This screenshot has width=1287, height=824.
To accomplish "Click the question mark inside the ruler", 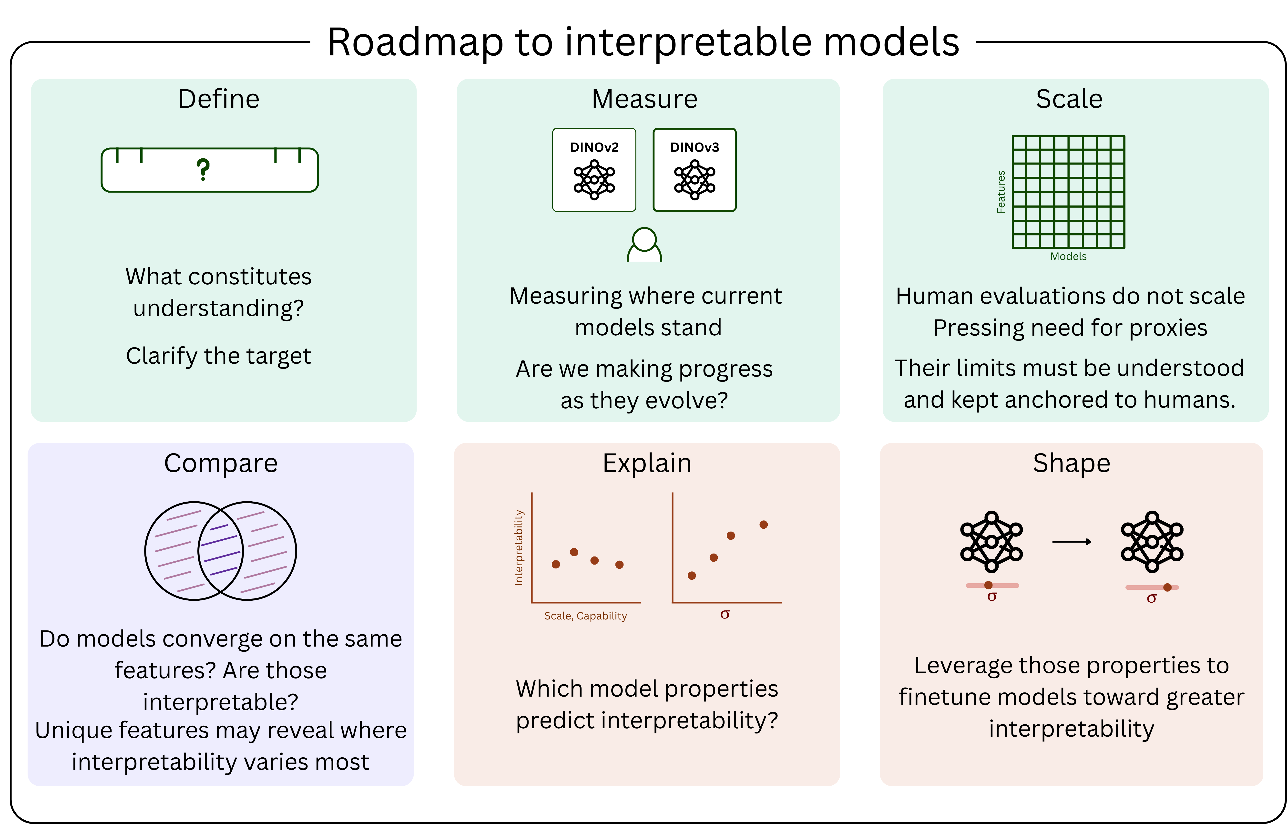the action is pos(203,170).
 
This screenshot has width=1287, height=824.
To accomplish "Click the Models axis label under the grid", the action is pos(1068,256).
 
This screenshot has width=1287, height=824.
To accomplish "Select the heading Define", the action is pos(219,99).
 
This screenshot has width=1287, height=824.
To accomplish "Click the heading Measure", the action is pos(644,99).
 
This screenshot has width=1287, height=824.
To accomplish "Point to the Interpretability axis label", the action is pos(518,547).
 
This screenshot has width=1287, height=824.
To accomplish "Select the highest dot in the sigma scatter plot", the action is pos(763,524).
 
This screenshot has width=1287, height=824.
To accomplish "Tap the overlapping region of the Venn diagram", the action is pos(220,551).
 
